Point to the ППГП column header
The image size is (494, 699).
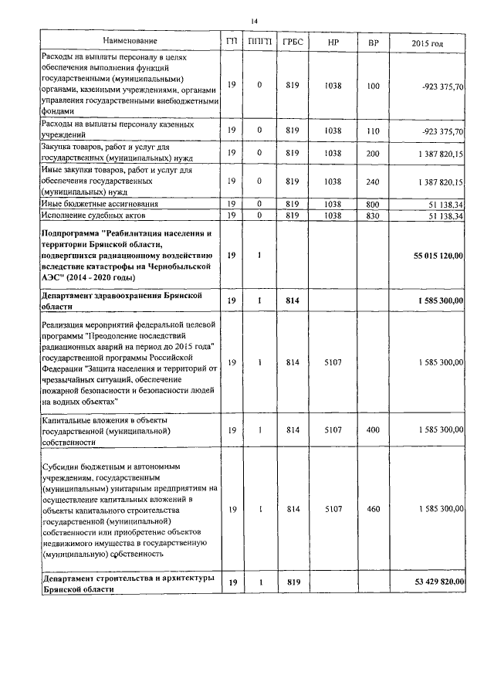point(259,40)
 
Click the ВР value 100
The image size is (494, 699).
point(373,86)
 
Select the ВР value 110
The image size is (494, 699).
point(373,131)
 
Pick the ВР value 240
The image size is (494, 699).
point(373,182)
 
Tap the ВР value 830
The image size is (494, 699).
point(373,215)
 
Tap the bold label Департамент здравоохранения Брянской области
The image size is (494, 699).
point(123,300)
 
